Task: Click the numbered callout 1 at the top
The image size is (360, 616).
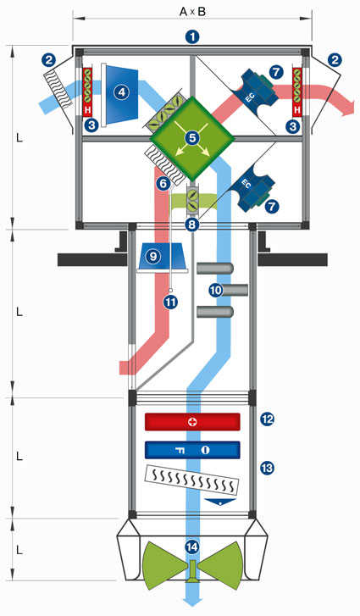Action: [x=192, y=37]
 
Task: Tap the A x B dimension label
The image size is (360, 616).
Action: [x=192, y=12]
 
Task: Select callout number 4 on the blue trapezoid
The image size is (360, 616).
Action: [x=121, y=92]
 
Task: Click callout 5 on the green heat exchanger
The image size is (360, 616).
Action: [x=192, y=138]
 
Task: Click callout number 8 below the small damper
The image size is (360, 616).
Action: [x=192, y=225]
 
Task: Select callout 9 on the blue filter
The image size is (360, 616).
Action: [x=153, y=256]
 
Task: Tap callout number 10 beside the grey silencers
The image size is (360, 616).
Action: [x=215, y=291]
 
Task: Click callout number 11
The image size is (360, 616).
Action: [x=171, y=302]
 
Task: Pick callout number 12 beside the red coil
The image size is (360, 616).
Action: [x=267, y=419]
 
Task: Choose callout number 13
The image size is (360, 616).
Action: [x=267, y=468]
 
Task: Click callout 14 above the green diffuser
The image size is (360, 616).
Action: [x=192, y=547]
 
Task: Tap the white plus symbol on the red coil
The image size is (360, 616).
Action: [x=192, y=422]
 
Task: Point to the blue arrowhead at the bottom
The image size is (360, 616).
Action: [x=192, y=607]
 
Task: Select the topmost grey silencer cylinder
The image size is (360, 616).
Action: [x=215, y=269]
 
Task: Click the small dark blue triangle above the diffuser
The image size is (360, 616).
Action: [x=220, y=502]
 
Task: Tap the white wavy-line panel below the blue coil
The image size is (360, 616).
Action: [x=192, y=480]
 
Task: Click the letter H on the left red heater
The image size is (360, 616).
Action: [x=87, y=110]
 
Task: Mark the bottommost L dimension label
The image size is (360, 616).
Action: [x=19, y=550]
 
